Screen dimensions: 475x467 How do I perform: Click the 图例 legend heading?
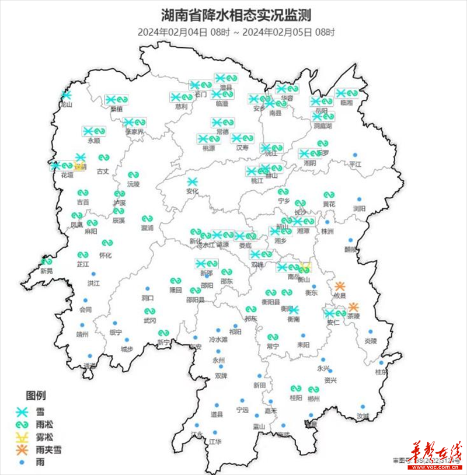coord(36,394)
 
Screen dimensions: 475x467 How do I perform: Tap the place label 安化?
coord(193,191)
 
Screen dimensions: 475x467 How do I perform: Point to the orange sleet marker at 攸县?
coord(340,286)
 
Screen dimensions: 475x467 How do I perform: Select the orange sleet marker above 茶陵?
coord(353,307)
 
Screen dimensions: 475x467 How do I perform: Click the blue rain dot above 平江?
coord(354,155)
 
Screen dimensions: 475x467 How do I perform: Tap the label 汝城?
coord(363,416)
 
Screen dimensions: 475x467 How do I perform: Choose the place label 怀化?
coord(106,256)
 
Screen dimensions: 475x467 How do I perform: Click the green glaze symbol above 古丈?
coord(103,158)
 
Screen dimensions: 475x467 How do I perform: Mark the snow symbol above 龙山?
coord(66,95)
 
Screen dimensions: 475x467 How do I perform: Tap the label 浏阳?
coord(359,208)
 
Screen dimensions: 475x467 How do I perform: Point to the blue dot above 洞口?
coord(147,289)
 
